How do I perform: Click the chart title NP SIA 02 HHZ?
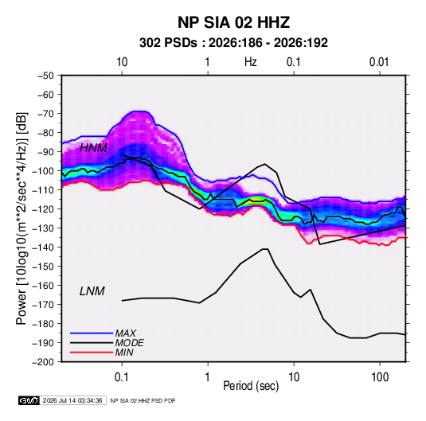pos(233,22)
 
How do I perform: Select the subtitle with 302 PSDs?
pos(233,43)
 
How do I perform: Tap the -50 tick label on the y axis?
pos(45,76)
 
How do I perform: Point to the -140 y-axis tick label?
pos(43,248)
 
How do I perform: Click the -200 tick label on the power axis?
pos(43,362)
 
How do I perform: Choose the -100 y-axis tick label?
pos(43,171)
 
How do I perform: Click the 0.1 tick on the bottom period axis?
pos(122,377)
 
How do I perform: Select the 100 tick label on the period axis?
pos(380,377)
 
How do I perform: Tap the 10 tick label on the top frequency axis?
pos(122,62)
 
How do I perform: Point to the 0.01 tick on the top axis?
pos(379,62)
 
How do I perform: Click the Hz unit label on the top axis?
pos(251,62)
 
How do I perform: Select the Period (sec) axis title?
pos(251,386)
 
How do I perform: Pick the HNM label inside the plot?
pos(93,148)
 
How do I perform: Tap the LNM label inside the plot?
pos(92,291)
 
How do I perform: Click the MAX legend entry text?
pos(126,333)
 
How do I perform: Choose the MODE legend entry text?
pos(129,343)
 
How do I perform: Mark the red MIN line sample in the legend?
pos(92,353)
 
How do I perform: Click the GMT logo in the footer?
pos(29,400)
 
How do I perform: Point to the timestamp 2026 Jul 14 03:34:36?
pos(72,400)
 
